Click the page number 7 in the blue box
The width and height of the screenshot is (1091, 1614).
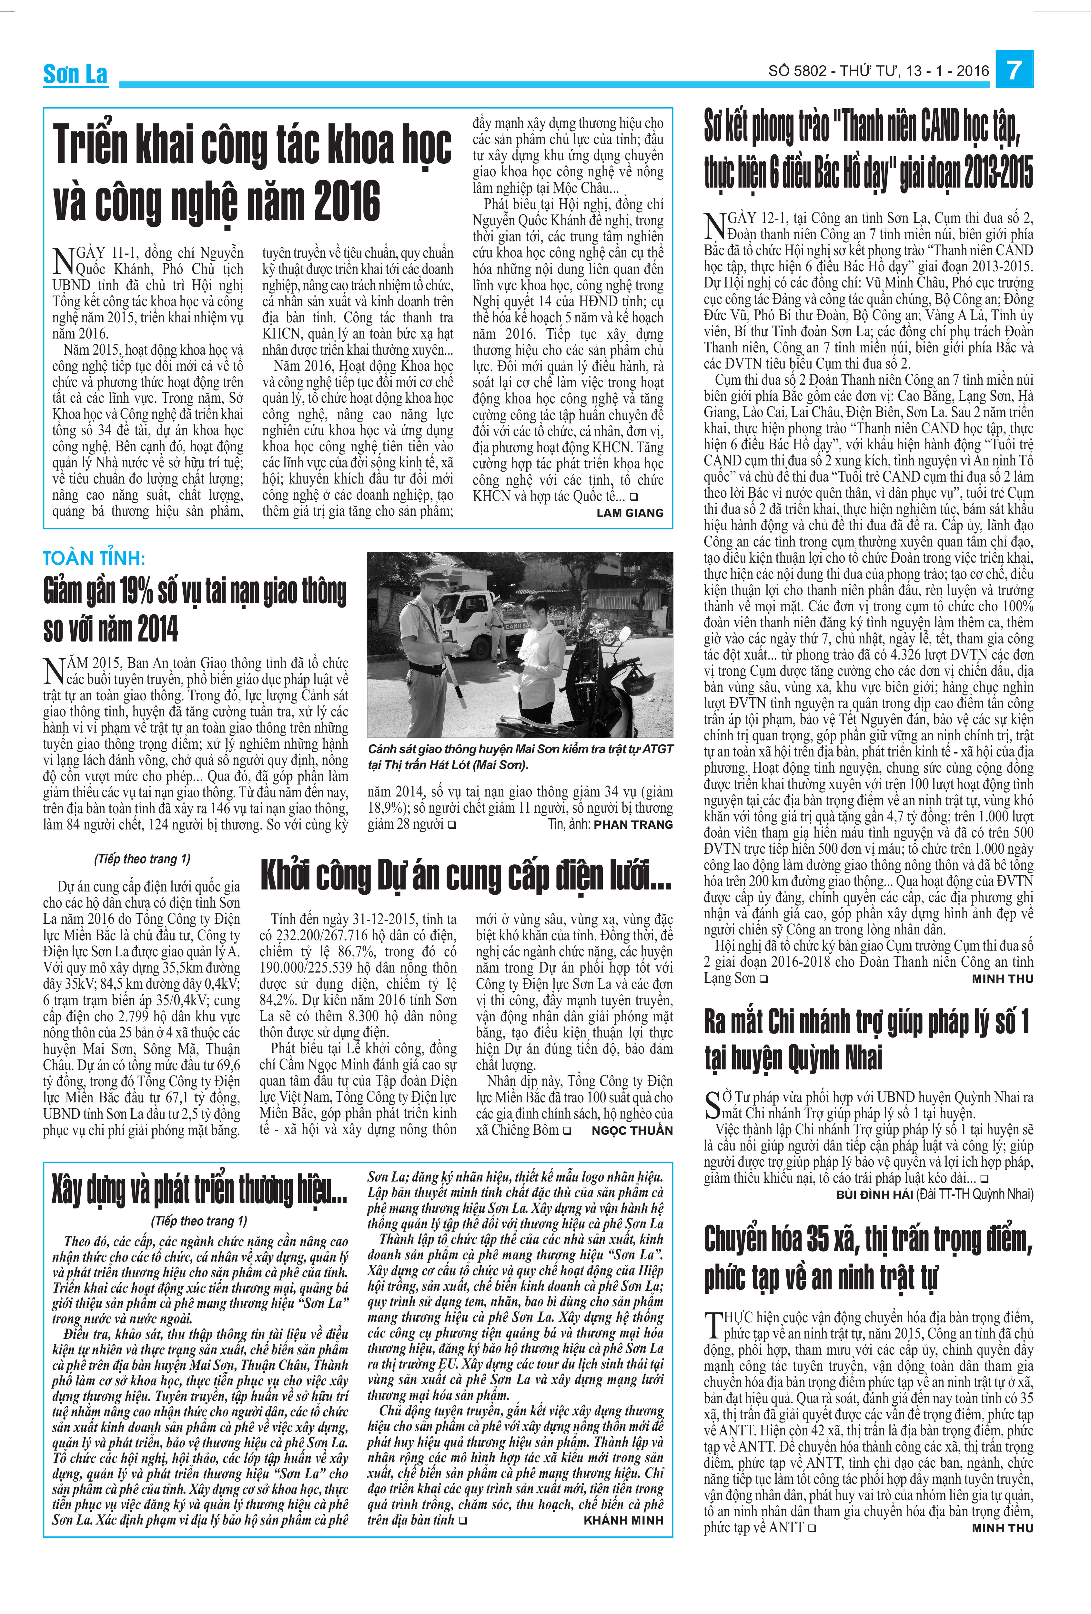point(1014,69)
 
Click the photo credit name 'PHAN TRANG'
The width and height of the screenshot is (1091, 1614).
point(633,824)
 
